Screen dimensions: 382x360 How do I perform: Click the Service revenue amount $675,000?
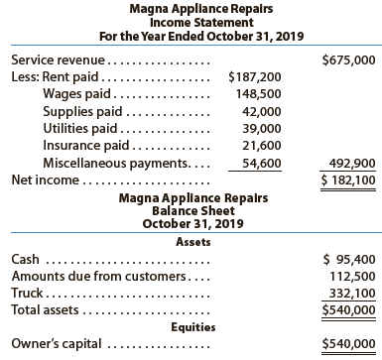(x=349, y=60)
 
